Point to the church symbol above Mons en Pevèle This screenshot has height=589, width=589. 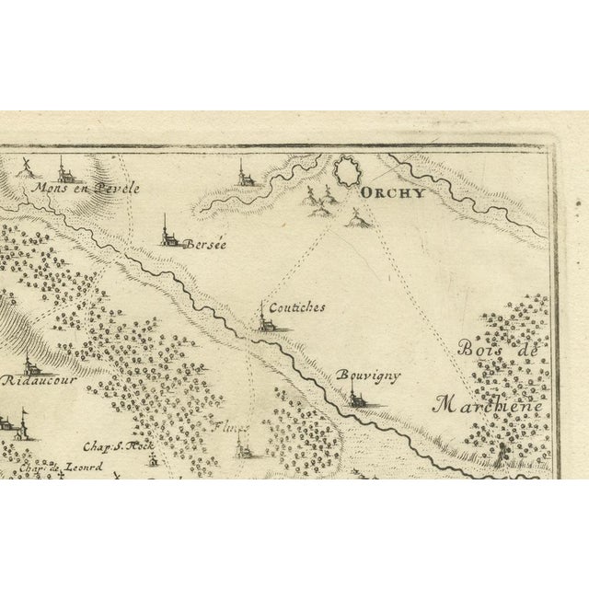pos(64,169)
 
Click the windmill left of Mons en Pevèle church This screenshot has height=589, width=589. pos(28,168)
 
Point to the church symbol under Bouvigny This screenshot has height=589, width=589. pos(356,398)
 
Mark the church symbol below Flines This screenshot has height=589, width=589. pos(241,448)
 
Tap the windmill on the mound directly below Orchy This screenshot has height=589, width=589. pos(357,216)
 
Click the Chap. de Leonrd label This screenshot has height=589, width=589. pos(47,466)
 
